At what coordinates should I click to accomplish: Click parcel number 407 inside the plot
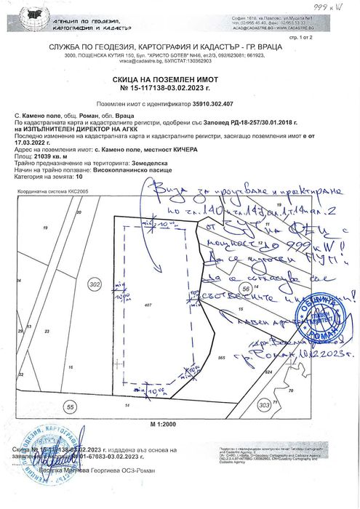148,305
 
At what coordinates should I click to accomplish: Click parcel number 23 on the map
47,330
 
